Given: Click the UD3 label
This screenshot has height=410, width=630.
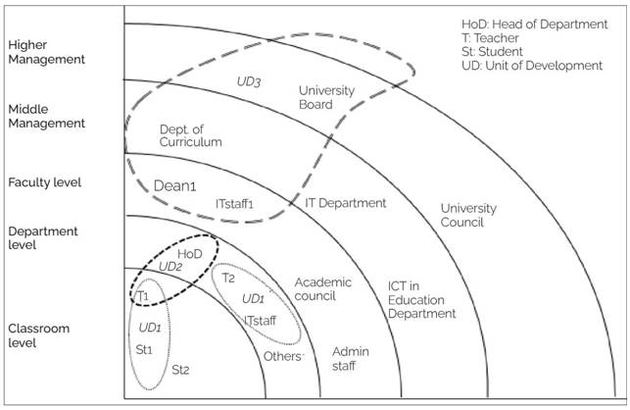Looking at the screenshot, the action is [249, 81].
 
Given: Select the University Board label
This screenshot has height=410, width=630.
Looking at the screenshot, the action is [326, 97].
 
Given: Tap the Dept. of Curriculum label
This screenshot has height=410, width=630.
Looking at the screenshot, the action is [190, 135].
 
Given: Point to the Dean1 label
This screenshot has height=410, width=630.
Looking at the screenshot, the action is [174, 186].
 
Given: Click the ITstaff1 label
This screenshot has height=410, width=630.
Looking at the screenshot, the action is [234, 204].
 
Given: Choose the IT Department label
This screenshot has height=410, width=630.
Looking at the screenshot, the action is [346, 203].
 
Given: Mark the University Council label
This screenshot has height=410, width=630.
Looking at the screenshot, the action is [468, 215].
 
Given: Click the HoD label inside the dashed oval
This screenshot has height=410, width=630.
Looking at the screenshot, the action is [190, 254].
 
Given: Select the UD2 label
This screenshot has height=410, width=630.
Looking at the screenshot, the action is [170, 267].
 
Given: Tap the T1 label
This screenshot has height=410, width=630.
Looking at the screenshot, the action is [143, 296].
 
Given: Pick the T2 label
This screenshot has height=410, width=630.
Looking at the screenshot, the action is [228, 278].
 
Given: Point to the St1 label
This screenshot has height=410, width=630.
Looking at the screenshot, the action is [144, 349].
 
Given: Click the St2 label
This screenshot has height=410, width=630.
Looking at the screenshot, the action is [180, 370].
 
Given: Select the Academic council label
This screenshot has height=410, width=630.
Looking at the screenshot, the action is [323, 289].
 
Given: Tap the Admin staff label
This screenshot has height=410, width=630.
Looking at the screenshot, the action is [351, 359].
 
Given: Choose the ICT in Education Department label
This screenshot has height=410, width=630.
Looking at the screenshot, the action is [422, 300].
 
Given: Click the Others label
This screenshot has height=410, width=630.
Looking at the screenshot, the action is [282, 356].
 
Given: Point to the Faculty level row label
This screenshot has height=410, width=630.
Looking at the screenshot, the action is [45, 182].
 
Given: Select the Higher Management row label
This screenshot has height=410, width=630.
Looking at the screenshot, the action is [47, 52].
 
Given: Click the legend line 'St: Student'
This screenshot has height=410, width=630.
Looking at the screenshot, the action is [492, 52].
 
